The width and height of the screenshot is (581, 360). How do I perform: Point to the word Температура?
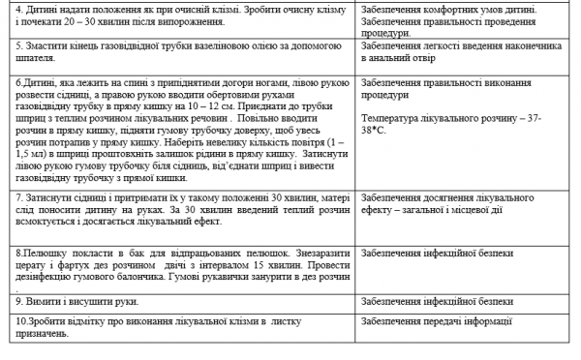[388, 117]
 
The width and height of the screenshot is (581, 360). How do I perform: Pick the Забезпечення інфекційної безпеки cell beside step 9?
[436, 300]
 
